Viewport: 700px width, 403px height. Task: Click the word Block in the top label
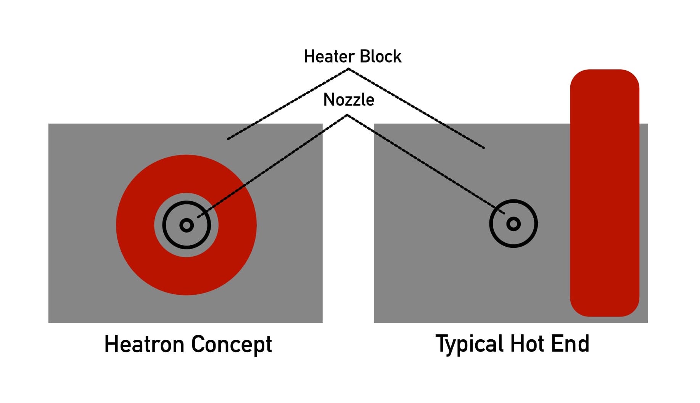tap(380, 56)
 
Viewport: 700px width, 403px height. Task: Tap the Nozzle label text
tap(349, 100)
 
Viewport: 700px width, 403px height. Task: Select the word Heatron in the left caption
tap(145, 344)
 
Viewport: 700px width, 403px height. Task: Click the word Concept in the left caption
tap(231, 344)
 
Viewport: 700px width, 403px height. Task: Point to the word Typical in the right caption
tap(470, 344)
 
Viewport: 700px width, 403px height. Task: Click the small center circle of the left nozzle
tap(187, 225)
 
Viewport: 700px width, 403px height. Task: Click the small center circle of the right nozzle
tap(513, 224)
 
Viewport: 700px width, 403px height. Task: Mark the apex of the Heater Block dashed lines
tap(348, 69)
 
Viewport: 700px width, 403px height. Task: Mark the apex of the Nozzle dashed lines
tap(347, 115)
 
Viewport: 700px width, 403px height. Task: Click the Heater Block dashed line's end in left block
tap(228, 139)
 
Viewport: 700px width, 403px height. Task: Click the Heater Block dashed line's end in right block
tap(484, 148)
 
